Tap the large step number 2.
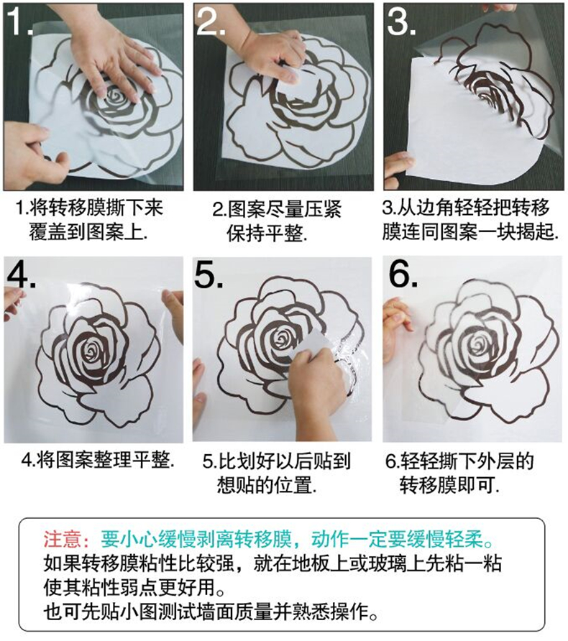pyautogui.click(x=211, y=20)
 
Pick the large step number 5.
pyautogui.click(x=209, y=274)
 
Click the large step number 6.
pyautogui.click(x=403, y=274)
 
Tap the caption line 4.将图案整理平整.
pyautogui.click(x=99, y=460)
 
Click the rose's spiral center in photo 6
pyautogui.click(x=477, y=344)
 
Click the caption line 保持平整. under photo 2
pyautogui.click(x=267, y=234)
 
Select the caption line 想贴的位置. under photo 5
pyautogui.click(x=267, y=485)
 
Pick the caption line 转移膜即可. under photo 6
pyautogui.click(x=449, y=485)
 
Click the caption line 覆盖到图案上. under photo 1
pyautogui.click(x=88, y=232)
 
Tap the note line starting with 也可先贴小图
pyautogui.click(x=211, y=612)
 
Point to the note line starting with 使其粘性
pyautogui.click(x=134, y=587)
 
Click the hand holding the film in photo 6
pyautogui.click(x=396, y=327)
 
